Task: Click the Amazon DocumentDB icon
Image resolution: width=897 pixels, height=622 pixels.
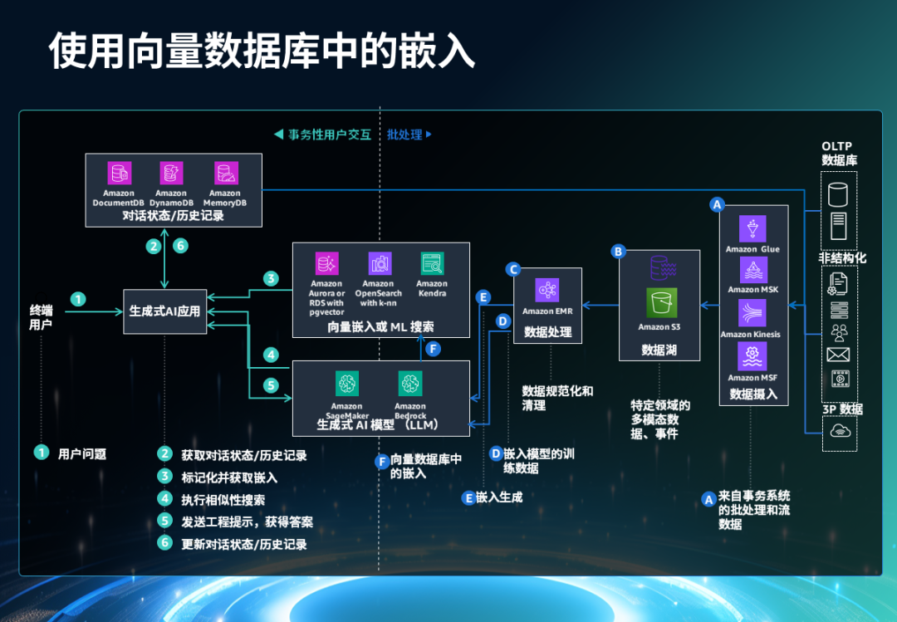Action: [120, 173]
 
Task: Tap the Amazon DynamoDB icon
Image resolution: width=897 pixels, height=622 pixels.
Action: [172, 173]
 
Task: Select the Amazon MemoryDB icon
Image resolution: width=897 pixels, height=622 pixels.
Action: [225, 173]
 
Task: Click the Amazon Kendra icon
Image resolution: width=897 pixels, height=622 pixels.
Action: [431, 264]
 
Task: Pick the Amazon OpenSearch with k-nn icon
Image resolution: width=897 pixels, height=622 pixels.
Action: [379, 264]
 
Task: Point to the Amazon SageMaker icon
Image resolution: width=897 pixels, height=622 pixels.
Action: [346, 384]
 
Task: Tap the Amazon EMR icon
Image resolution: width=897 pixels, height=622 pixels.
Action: [547, 290]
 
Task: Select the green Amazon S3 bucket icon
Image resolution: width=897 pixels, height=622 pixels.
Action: [662, 303]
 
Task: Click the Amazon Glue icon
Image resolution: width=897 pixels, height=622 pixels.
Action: [752, 228]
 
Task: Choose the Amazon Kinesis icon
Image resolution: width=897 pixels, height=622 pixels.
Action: [752, 313]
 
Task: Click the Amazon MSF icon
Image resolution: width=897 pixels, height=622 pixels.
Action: [752, 356]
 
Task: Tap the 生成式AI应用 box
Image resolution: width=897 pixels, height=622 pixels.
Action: [164, 311]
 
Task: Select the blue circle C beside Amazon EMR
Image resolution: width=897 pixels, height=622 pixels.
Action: [513, 269]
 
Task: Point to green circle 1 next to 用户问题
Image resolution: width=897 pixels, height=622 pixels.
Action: [42, 453]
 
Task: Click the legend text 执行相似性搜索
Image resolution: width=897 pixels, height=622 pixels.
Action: [223, 500]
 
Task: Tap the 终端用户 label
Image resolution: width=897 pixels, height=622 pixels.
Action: [41, 317]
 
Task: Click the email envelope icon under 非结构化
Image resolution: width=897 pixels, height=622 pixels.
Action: [838, 355]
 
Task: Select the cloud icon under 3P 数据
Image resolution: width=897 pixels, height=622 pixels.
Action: [839, 431]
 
